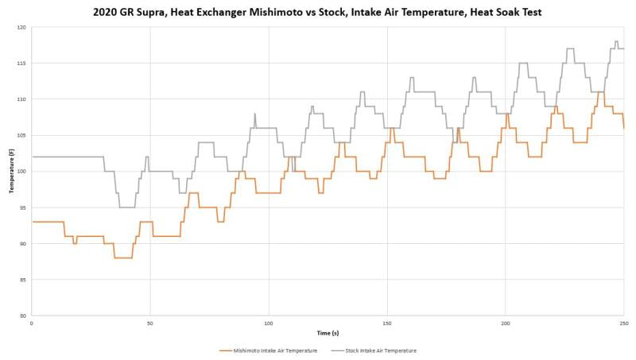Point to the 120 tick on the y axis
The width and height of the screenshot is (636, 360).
pos(21,27)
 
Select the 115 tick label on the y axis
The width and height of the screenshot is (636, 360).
pos(21,63)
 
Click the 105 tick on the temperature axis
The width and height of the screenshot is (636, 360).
pos(21,135)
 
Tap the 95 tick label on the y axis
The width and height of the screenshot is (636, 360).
pos(23,207)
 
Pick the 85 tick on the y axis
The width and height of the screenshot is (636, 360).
pos(23,280)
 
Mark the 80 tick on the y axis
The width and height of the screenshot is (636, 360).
pos(23,315)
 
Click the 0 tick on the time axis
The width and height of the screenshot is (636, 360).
pos(31,323)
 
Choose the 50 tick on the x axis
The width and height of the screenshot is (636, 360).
pos(149,323)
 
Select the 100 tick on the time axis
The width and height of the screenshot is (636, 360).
pos(268,323)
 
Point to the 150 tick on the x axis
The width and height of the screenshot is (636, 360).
pos(386,323)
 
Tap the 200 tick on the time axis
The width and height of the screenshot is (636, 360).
pos(506,323)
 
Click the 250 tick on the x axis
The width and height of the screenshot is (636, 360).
pos(624,323)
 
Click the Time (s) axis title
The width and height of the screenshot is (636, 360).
pos(327,333)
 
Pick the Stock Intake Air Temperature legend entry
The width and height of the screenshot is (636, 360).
pos(381,350)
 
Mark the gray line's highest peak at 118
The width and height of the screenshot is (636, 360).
pos(616,41)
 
